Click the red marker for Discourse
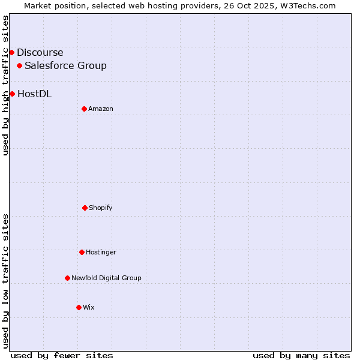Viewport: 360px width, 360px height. [11, 52]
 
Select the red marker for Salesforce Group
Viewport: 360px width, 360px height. [20, 65]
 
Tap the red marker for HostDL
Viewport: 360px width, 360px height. [12, 94]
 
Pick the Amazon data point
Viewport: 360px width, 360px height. [84, 109]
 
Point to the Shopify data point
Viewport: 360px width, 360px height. [85, 208]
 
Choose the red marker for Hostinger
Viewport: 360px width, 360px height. [82, 252]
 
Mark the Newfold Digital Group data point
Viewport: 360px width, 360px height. [67, 278]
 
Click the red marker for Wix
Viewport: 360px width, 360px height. [79, 307]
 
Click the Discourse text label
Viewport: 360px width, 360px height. [40, 52]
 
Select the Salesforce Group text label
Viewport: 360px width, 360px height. [65, 65]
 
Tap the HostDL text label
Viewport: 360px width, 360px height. [34, 94]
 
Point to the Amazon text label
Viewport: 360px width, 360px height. [101, 109]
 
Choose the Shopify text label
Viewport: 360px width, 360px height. [101, 208]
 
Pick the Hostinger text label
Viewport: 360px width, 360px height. [101, 252]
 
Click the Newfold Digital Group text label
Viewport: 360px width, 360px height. [106, 278]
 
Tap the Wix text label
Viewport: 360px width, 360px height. [89, 307]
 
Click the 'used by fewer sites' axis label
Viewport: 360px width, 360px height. [62, 355]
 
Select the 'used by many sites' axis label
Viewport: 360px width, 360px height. [301, 355]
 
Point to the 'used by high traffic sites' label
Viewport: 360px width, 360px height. [5, 85]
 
